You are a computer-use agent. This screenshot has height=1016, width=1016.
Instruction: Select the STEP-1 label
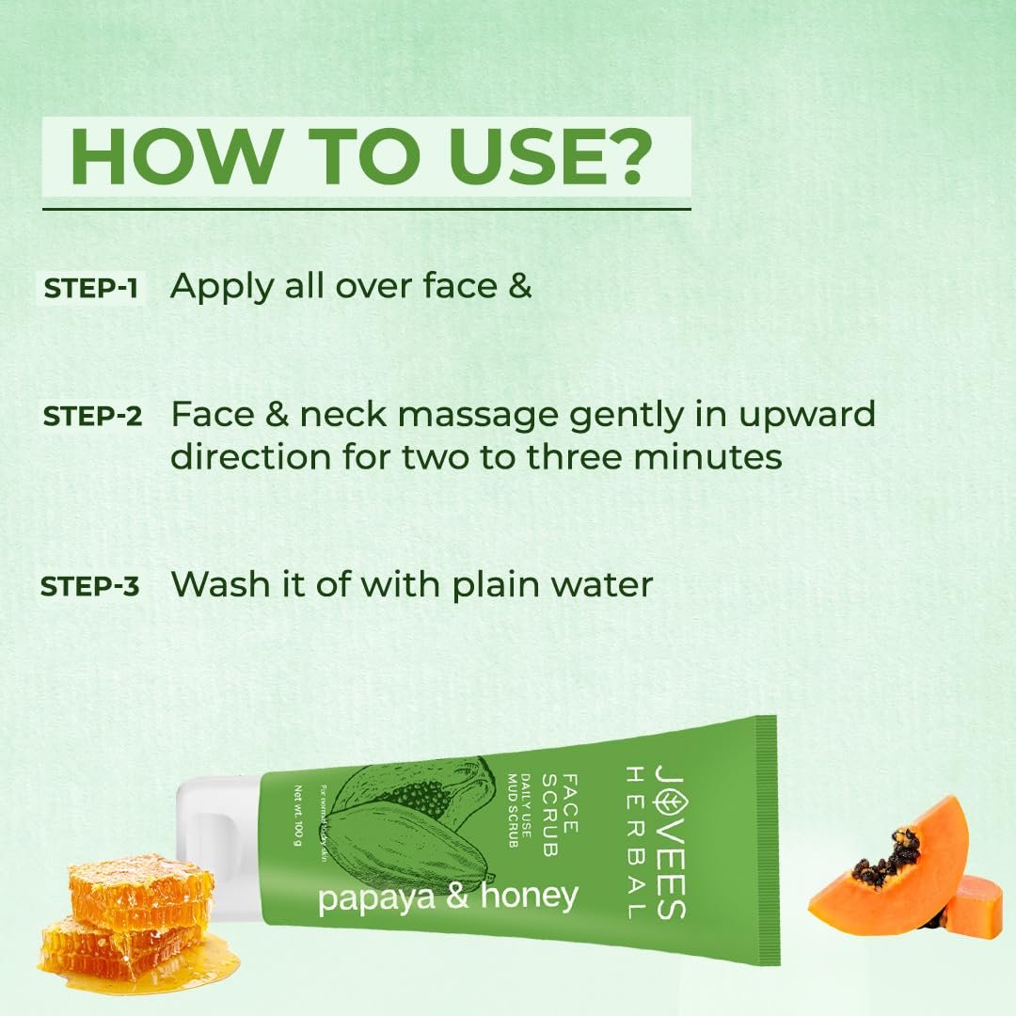pyautogui.click(x=90, y=289)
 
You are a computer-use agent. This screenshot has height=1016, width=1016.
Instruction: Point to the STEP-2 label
pyautogui.click(x=92, y=417)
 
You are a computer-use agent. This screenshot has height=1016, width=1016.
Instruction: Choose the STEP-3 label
pyautogui.click(x=89, y=586)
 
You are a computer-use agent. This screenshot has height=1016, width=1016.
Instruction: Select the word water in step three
pyautogui.click(x=601, y=584)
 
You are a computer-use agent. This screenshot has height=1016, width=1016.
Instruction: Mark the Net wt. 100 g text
pyautogui.click(x=298, y=816)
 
